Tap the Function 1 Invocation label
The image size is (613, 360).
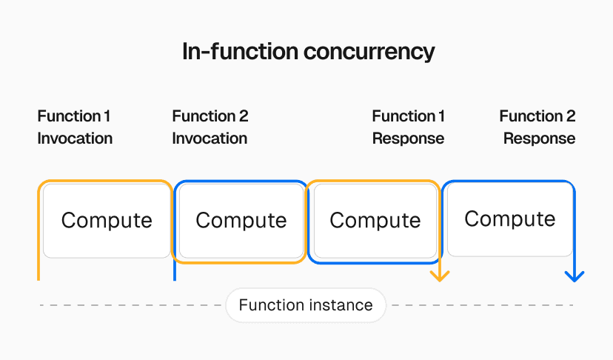point(75,127)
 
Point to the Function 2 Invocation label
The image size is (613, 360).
point(210,127)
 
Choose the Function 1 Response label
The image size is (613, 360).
point(408,127)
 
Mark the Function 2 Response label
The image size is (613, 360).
point(538,127)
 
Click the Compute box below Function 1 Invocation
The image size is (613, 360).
point(107,221)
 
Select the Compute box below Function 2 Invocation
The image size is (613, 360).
point(241,221)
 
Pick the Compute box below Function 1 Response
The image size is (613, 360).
point(375,221)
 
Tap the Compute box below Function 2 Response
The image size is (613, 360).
point(510,219)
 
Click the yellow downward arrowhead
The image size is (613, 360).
point(440,276)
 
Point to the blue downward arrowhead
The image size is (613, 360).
point(575,276)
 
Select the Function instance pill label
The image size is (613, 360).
point(306,305)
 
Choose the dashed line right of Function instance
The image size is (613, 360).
point(481,305)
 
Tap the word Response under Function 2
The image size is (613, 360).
point(539,139)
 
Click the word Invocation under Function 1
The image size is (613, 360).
point(75,139)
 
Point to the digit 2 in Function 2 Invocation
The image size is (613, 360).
point(244,116)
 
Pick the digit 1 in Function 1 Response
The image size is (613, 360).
point(442,116)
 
